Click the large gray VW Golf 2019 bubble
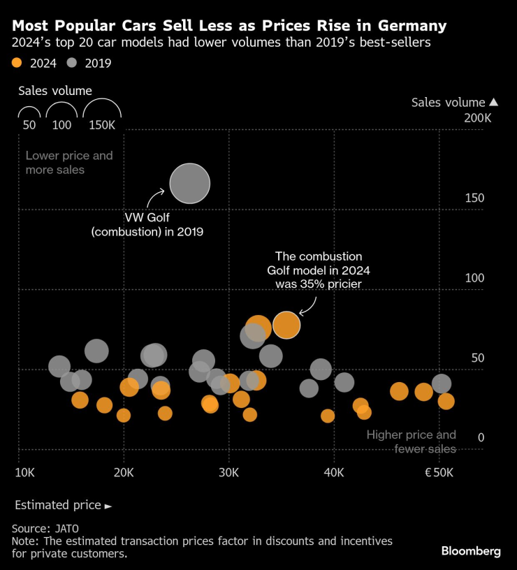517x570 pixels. coord(190,184)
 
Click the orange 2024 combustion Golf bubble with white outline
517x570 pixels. coord(286,325)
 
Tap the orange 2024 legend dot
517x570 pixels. coord(17,63)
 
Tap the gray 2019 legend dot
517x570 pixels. coord(73,63)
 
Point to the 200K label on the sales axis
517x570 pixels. coord(478,119)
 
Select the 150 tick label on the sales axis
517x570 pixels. coord(475,198)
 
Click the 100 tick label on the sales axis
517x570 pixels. coord(475,278)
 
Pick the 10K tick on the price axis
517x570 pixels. coord(25,473)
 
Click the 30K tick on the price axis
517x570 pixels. coord(229,473)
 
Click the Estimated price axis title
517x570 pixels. coord(62,504)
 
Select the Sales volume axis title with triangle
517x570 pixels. coord(453,103)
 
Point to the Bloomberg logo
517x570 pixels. coord(470,551)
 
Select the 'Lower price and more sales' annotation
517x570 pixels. coord(68,163)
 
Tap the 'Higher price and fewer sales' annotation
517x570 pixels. coord(412,441)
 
